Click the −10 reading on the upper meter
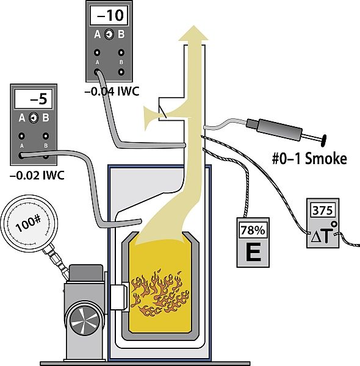[x=110, y=15]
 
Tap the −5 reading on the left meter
[x=39, y=99]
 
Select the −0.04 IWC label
[x=112, y=91]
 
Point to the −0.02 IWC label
[x=37, y=175]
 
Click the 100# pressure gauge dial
[x=29, y=223]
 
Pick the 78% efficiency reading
[x=253, y=231]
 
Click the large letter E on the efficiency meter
[x=253, y=253]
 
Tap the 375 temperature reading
[x=323, y=210]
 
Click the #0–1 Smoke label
[x=309, y=159]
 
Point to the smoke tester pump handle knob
[x=323, y=141]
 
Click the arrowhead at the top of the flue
[x=193, y=33]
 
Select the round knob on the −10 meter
[x=109, y=35]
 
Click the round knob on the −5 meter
[x=34, y=118]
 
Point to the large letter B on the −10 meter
[x=121, y=34]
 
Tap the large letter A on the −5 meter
[x=22, y=118]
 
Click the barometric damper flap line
[x=162, y=112]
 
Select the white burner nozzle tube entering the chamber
[x=119, y=297]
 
